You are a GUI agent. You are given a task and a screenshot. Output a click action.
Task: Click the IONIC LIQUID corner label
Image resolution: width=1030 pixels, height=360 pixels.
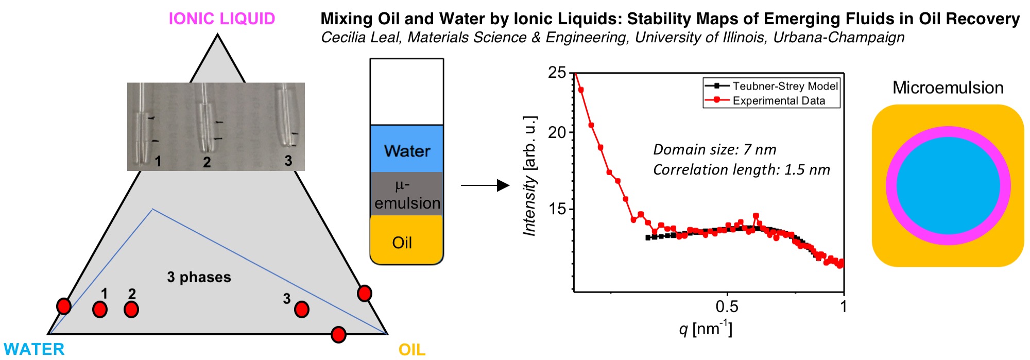pos(222,19)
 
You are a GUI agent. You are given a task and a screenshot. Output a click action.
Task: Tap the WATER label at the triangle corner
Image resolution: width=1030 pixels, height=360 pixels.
pos(34,349)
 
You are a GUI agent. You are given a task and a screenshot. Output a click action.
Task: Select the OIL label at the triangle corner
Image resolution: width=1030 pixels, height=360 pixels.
pos(412,350)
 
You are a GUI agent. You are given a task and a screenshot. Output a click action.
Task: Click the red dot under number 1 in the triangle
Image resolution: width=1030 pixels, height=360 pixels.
pos(100,310)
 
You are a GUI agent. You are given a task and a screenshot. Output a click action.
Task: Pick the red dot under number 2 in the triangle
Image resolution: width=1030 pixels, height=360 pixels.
pos(131,310)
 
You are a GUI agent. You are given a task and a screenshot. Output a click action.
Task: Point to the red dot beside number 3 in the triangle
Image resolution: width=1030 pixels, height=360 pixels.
pos(301,309)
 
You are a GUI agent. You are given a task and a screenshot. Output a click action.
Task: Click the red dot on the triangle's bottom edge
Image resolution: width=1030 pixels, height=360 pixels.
pos(338,335)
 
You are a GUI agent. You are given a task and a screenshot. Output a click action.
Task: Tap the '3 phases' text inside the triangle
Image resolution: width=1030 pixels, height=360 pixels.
pos(199,277)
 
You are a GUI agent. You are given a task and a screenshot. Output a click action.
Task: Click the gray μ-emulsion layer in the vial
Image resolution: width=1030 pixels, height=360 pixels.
pos(407,194)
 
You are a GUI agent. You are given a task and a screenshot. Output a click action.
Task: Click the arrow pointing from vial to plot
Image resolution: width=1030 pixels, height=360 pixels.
pos(484,185)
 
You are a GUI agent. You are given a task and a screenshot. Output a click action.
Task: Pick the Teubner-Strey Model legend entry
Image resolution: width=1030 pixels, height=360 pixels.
pos(785,86)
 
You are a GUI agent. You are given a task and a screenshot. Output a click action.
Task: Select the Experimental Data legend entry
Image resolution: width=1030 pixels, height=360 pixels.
pos(778,100)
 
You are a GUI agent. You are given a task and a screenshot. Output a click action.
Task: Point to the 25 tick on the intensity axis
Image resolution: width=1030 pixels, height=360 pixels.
pos(557,73)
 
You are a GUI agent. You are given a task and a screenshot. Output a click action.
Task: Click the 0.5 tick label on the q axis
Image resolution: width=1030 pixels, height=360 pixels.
pos(727,307)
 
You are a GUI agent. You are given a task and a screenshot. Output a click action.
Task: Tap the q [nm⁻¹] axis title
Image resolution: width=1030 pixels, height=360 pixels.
pos(706,328)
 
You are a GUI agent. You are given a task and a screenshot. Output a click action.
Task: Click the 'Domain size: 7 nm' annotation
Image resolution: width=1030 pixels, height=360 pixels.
pos(714,149)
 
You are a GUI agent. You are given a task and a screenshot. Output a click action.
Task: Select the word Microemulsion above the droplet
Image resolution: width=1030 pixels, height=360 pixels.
pos(948,88)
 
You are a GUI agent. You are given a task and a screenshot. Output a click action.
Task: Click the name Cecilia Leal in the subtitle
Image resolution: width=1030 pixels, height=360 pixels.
pos(360,38)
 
